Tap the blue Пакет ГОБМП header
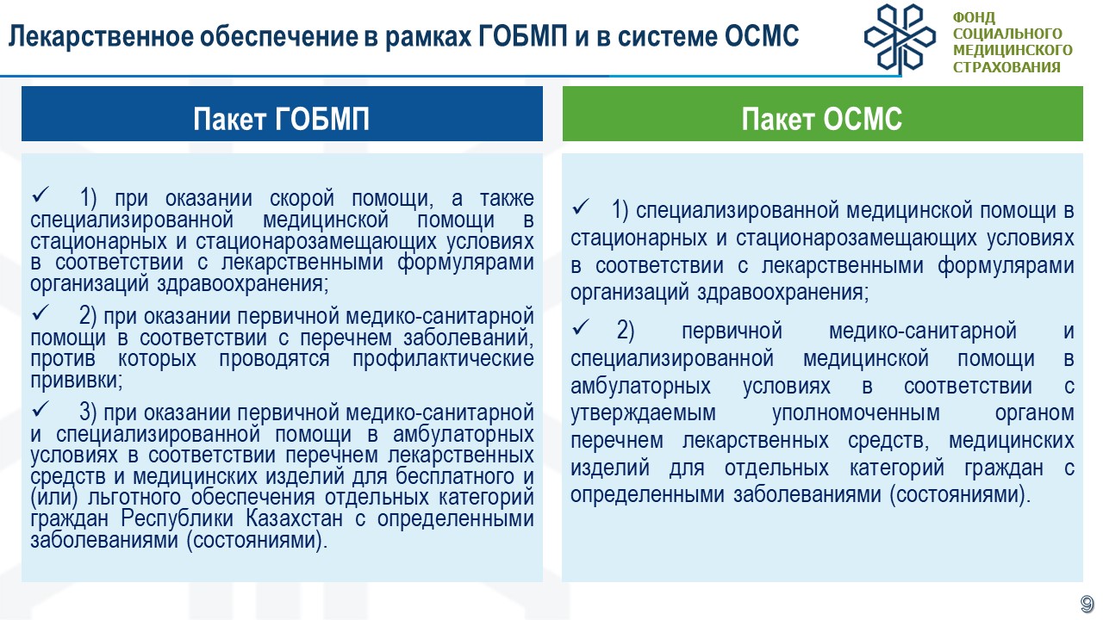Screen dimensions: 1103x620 point(282,114)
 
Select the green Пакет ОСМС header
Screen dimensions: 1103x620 point(823,114)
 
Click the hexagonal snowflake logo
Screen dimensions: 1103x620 point(900,39)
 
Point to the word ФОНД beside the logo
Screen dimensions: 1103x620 point(974,18)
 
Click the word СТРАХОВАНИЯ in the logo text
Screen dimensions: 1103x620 point(1006,67)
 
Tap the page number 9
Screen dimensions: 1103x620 point(1087,604)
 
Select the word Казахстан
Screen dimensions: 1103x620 point(294,518)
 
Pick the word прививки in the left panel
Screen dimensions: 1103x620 point(76,381)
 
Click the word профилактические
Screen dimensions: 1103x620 point(443,359)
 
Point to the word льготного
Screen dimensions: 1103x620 point(134,498)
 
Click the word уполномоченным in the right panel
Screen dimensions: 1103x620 point(856,412)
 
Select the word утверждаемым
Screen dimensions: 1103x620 point(643,412)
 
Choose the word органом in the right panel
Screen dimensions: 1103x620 point(1035,413)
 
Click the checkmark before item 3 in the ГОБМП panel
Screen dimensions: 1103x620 point(41,409)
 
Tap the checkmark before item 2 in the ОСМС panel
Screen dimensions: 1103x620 point(581,327)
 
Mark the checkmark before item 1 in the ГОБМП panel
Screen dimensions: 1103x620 point(41,195)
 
